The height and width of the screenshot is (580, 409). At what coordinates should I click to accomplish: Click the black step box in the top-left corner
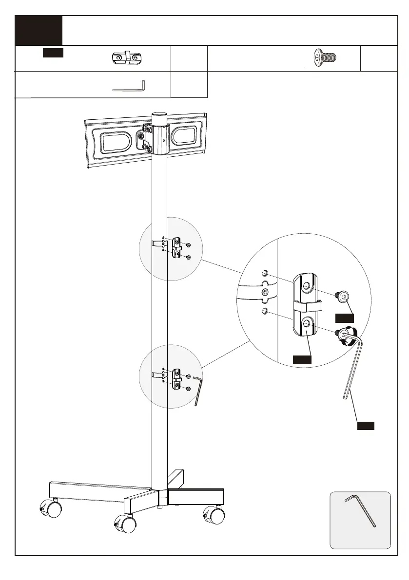coord(39,30)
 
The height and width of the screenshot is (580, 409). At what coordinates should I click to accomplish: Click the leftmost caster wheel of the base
coord(51,509)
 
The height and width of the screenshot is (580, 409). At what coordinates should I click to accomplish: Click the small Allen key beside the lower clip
coord(197,390)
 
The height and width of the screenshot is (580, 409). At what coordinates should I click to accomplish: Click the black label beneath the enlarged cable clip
coord(302,359)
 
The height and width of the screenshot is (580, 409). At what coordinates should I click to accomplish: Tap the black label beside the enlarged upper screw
coord(344,318)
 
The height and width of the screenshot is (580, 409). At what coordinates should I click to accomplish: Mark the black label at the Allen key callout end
coord(366,426)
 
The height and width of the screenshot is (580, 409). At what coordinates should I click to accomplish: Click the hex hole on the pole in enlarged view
coord(265,292)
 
